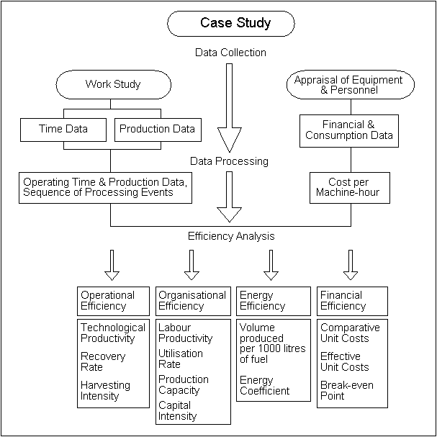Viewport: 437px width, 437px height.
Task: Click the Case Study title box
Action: click(x=231, y=24)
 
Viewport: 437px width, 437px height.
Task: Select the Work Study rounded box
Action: click(x=113, y=84)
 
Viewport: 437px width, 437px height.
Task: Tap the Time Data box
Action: click(x=64, y=130)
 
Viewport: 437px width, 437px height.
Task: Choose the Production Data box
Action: click(x=156, y=130)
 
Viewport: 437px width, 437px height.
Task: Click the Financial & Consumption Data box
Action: click(x=348, y=130)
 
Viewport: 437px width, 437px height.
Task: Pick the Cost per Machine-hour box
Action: click(x=348, y=188)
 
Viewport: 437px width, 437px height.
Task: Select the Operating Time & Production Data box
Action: click(x=105, y=187)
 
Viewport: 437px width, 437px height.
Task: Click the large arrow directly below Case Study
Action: click(x=229, y=108)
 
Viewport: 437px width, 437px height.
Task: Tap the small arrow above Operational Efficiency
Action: click(x=111, y=264)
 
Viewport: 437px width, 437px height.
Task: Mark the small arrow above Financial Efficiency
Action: click(x=351, y=264)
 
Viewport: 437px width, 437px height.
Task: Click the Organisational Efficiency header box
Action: click(x=192, y=301)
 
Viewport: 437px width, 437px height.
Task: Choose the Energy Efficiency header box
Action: click(x=271, y=301)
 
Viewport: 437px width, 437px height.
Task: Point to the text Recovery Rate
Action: click(x=102, y=361)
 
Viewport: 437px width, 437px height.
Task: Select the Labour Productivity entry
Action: click(x=186, y=333)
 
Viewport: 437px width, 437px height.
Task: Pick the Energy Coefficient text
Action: click(x=265, y=385)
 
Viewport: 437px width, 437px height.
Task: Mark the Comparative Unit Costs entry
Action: click(x=350, y=333)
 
